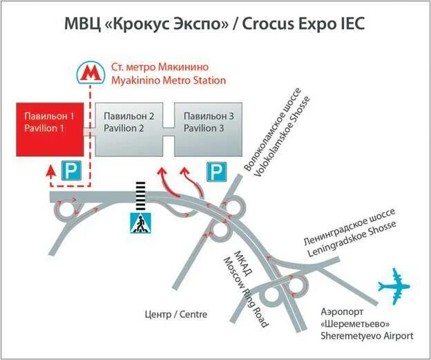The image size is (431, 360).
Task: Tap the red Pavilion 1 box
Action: point(49,129)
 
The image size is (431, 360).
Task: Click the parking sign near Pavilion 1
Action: point(71,171)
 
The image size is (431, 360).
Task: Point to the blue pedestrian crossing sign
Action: point(141,223)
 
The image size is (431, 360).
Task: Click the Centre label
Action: point(176,314)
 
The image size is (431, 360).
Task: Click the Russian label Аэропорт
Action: point(343,312)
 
